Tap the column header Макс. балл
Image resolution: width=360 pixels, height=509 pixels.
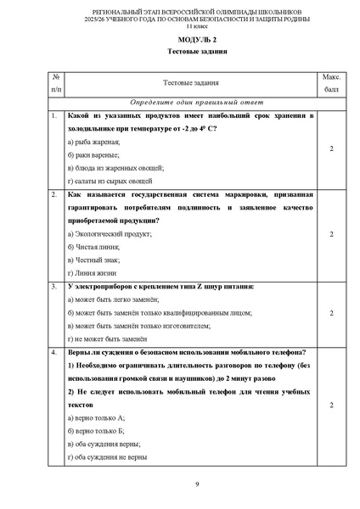click(331, 82)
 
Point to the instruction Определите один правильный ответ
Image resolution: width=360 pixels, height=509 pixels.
click(179, 101)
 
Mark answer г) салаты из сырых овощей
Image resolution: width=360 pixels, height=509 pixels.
click(110, 182)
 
